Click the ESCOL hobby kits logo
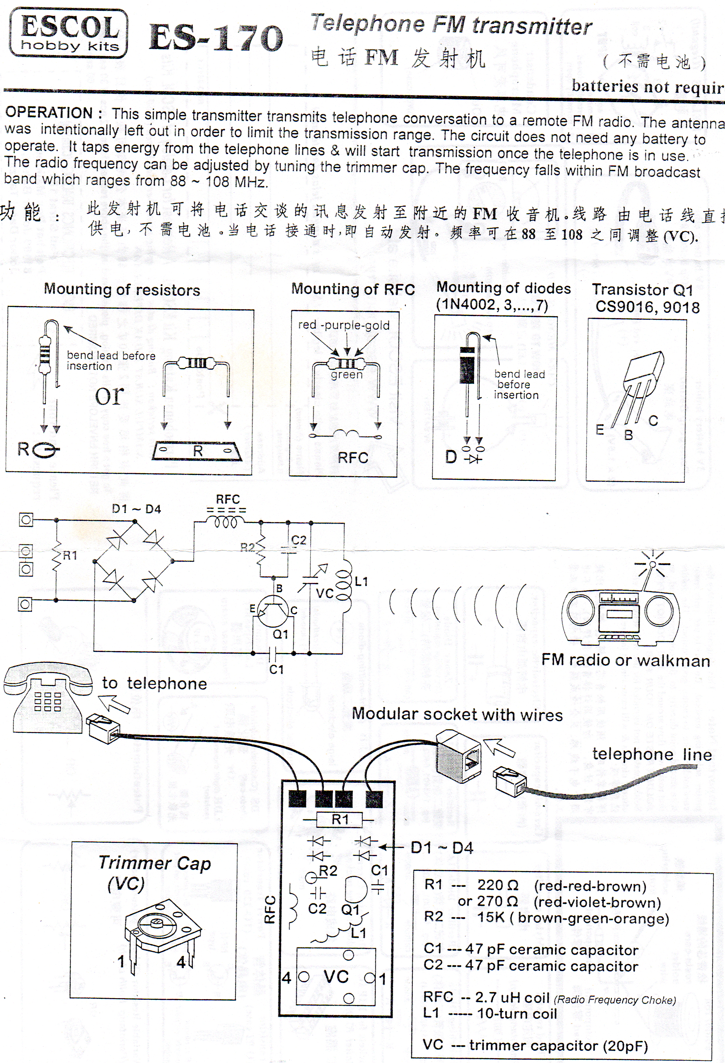[69, 33]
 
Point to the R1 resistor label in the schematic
[70, 556]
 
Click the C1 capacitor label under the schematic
[276, 669]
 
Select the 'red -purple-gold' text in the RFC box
[344, 325]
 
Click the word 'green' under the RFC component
[347, 375]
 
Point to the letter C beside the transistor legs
[653, 421]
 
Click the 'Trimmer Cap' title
[154, 863]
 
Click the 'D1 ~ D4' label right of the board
[442, 848]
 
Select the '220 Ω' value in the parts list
[498, 886]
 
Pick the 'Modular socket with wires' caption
[457, 715]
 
